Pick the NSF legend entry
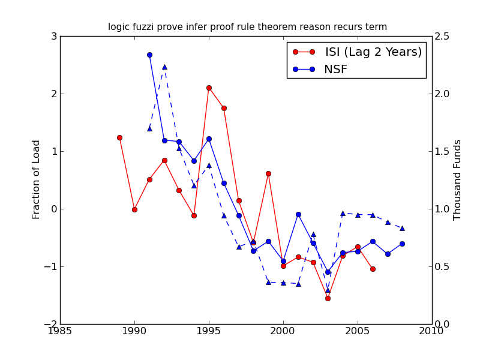click(335, 70)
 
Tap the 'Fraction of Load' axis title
click(37, 179)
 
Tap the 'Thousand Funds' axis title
click(458, 179)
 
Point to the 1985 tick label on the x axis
click(60, 331)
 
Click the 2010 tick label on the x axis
click(432, 331)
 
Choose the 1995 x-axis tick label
click(209, 331)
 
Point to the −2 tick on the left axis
click(52, 324)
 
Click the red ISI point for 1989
click(119, 137)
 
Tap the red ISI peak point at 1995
click(209, 88)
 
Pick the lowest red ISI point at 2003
click(328, 298)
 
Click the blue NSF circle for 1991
click(149, 55)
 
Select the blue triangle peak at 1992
click(164, 67)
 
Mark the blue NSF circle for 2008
click(402, 244)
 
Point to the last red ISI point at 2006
click(373, 269)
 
